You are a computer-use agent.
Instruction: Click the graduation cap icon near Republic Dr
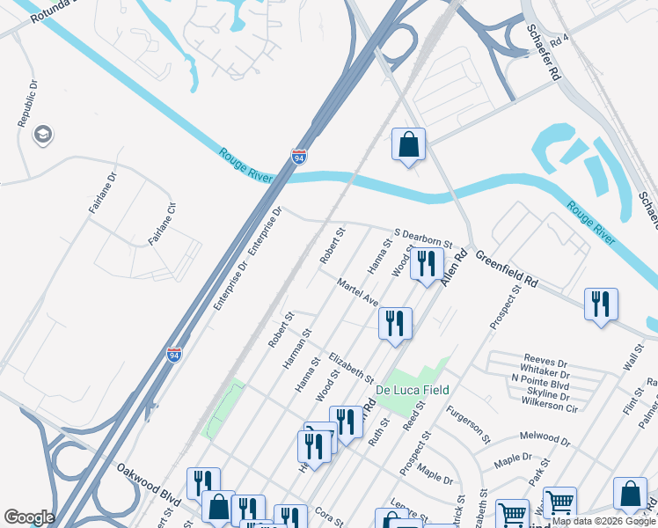(41, 135)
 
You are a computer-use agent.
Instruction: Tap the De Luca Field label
(413, 390)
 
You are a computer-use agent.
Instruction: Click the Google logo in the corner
(29, 517)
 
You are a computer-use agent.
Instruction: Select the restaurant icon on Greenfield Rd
(601, 304)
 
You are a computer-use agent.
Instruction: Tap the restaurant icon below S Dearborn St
(427, 264)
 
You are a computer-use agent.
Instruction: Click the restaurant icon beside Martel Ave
(395, 323)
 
